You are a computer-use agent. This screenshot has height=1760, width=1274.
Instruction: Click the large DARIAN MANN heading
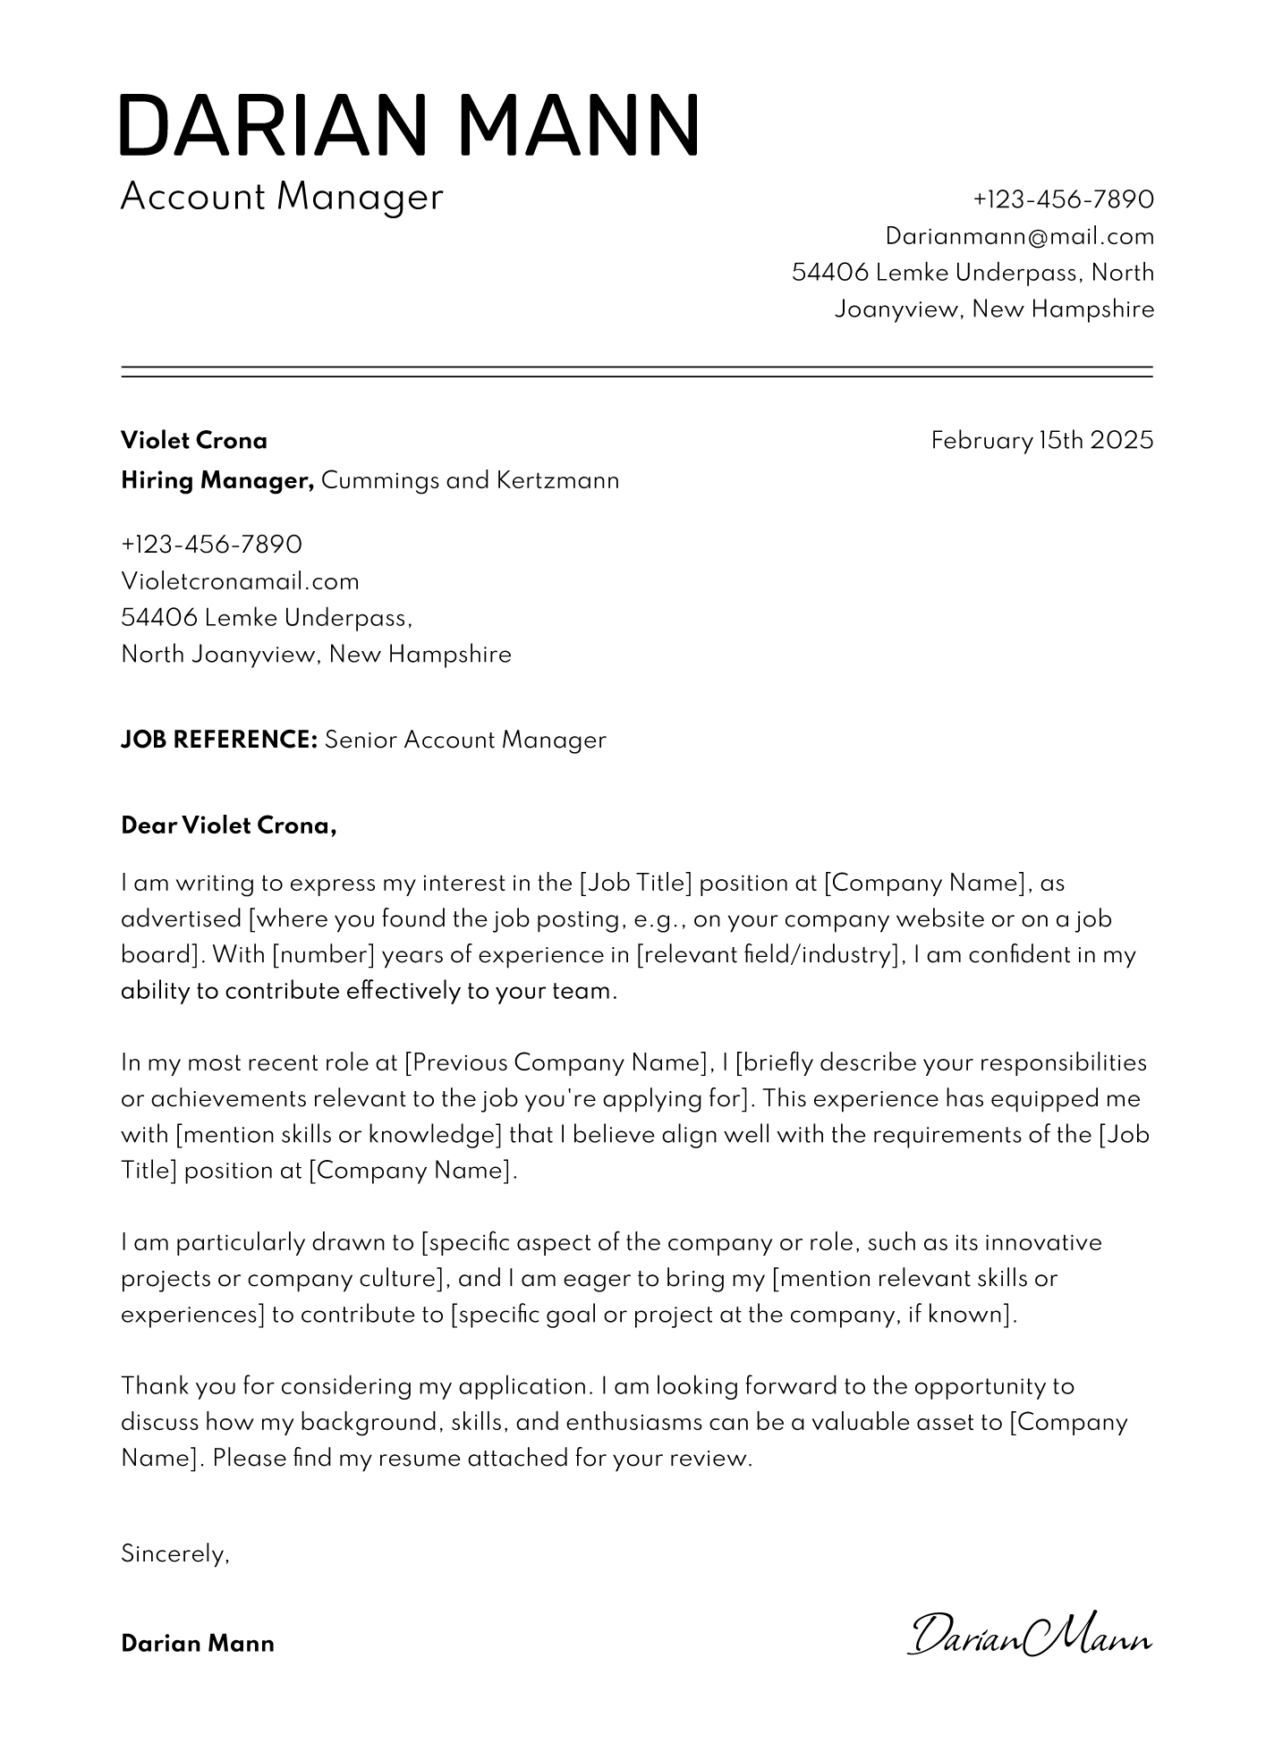[x=409, y=124]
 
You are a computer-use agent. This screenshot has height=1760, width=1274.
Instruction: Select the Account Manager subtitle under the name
[x=281, y=197]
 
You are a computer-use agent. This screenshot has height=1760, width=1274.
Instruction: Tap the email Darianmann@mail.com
[x=1019, y=236]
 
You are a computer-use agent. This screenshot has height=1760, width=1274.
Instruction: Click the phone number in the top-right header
[x=1063, y=199]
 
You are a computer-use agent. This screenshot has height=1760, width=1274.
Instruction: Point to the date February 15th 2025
[x=1041, y=441]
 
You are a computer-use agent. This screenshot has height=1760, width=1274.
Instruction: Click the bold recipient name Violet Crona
[x=194, y=441]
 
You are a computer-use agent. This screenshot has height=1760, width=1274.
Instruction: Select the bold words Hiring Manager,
[x=217, y=481]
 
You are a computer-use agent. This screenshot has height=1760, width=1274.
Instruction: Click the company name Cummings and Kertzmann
[x=470, y=481]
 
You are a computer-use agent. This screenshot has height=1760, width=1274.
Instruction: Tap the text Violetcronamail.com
[x=240, y=581]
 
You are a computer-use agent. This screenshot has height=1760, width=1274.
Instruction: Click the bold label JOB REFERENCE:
[x=219, y=740]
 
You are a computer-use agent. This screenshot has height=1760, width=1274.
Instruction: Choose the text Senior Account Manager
[x=465, y=740]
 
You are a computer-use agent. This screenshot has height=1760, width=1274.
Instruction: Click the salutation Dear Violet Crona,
[x=229, y=825]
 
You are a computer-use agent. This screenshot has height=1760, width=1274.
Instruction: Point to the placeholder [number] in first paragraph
[x=322, y=955]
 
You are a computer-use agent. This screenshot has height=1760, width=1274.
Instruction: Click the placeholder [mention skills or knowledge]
[x=338, y=1135]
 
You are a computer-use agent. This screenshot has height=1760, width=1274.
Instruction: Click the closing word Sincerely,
[x=175, y=1554]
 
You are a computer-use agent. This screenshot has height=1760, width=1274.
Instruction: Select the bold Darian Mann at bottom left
[x=198, y=1644]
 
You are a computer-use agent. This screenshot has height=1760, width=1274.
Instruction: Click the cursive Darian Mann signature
[x=1029, y=1637]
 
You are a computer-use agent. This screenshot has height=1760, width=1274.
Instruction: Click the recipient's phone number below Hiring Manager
[x=211, y=545]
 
